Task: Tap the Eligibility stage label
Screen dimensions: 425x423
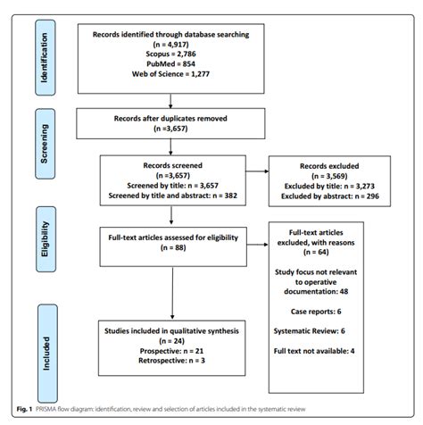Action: click(41, 240)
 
